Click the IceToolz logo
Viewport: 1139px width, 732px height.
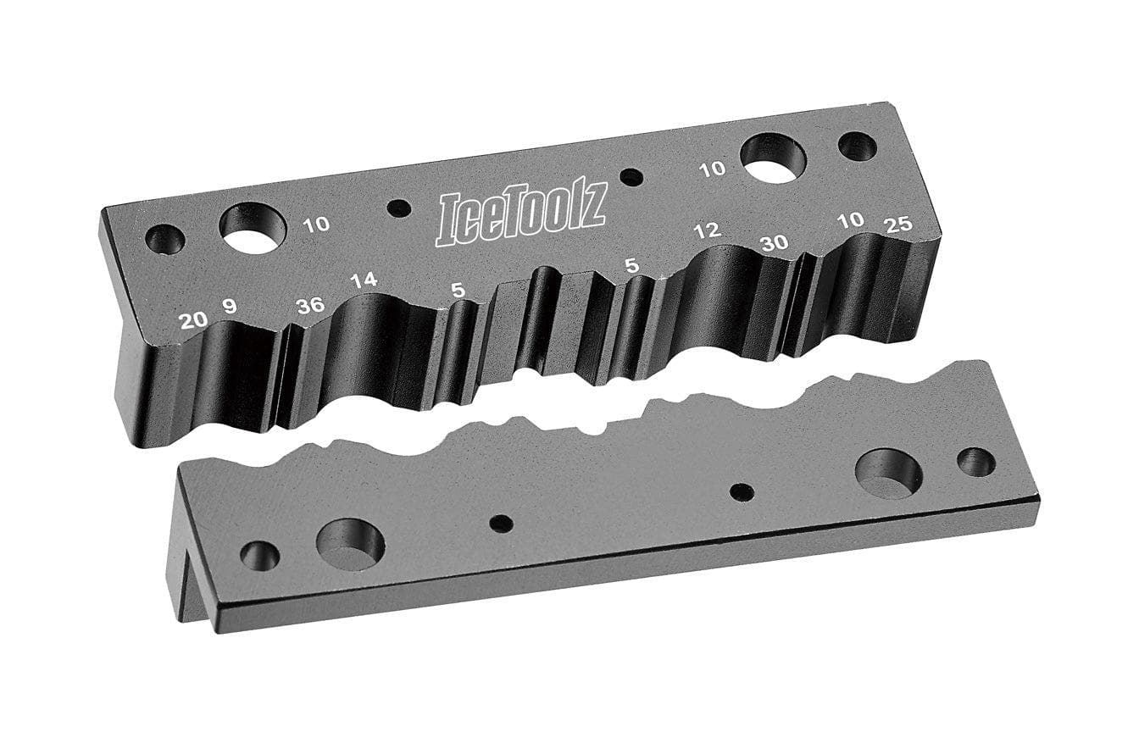pos(520,219)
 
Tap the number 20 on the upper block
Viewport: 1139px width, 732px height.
pos(193,319)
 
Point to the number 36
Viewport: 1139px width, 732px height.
pos(310,305)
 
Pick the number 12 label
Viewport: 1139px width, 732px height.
pos(706,230)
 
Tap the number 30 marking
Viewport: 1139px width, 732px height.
pos(774,242)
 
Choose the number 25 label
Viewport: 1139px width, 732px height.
pos(897,225)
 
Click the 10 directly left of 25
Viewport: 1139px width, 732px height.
pos(850,219)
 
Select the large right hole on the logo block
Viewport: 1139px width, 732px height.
pos(773,158)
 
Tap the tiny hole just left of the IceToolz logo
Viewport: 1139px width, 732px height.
pos(398,208)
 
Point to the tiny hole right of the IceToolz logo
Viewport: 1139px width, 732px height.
pos(631,177)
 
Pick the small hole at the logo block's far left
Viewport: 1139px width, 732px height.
pos(165,240)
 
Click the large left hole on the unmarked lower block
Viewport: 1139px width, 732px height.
pos(350,544)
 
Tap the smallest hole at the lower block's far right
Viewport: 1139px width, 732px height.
pos(976,462)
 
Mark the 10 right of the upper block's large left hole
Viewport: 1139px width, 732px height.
pos(316,225)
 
